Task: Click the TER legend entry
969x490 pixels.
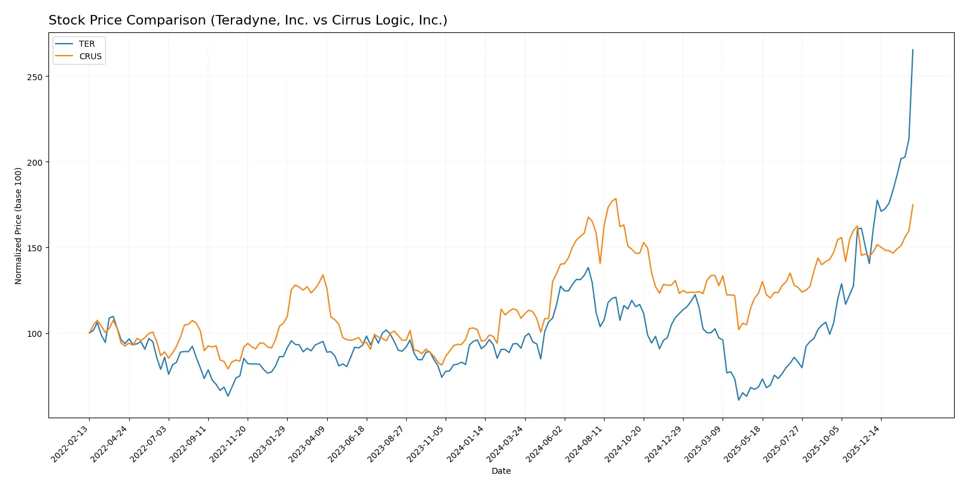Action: point(86,44)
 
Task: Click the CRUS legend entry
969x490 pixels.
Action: point(90,56)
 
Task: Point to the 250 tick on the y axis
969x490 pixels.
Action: point(34,77)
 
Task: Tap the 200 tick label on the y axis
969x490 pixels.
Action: point(34,163)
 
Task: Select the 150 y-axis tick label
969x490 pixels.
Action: point(34,248)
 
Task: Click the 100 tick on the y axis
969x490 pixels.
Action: point(34,334)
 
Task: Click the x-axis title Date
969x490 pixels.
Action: point(501,471)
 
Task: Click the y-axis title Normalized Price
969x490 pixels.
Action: point(19,226)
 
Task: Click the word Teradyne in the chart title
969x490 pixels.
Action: point(239,20)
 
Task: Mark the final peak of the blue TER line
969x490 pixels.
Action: point(913,50)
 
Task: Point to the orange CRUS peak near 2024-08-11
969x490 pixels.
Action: point(615,199)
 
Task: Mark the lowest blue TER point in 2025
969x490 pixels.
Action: point(739,400)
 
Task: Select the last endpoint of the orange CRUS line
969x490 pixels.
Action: point(913,205)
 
